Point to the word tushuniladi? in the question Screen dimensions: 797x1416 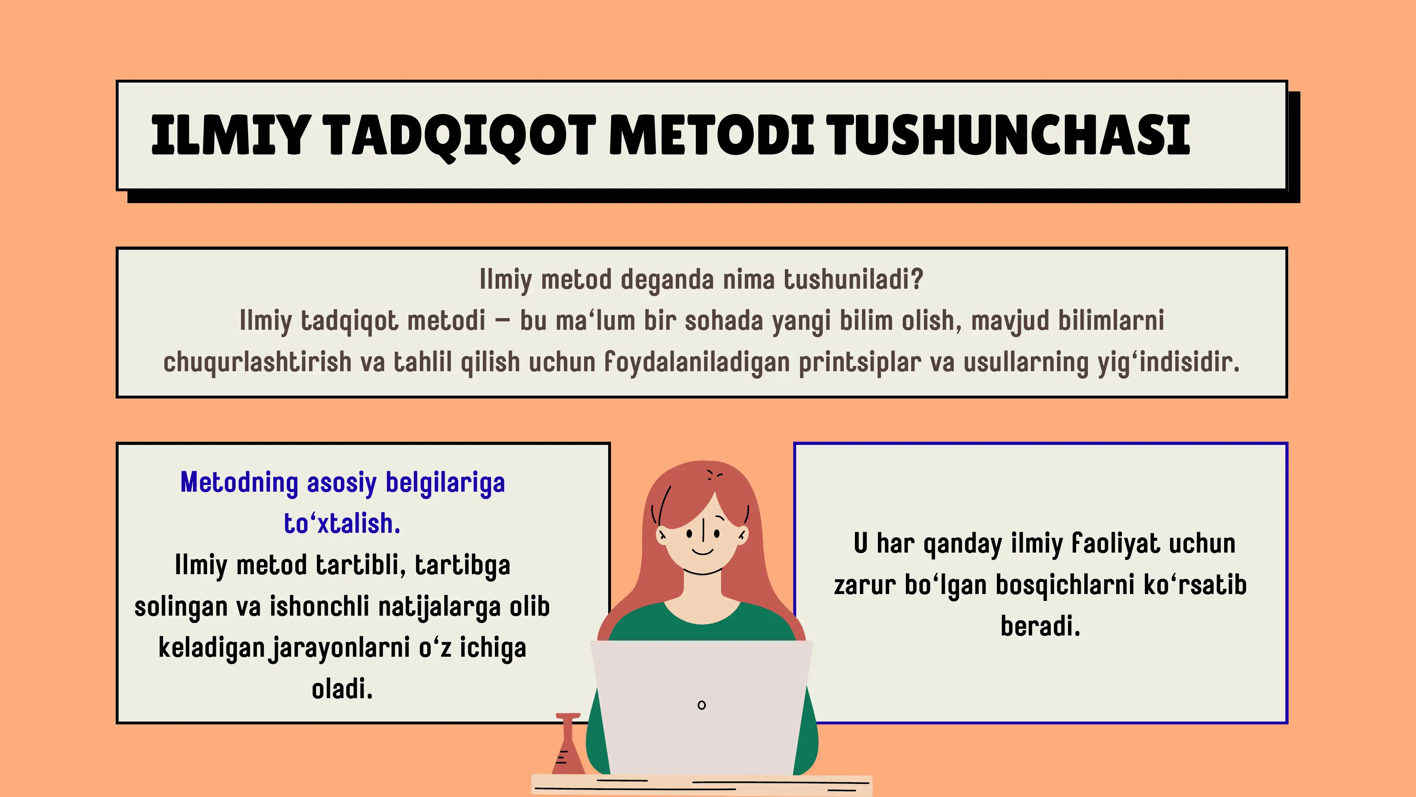point(853,279)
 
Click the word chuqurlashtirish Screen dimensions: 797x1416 point(257,362)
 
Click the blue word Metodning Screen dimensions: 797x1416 point(239,482)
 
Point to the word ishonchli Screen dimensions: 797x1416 point(319,607)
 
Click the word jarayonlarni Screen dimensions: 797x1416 point(339,648)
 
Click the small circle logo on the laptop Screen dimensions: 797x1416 point(701,705)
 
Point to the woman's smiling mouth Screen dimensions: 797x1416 point(702,551)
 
